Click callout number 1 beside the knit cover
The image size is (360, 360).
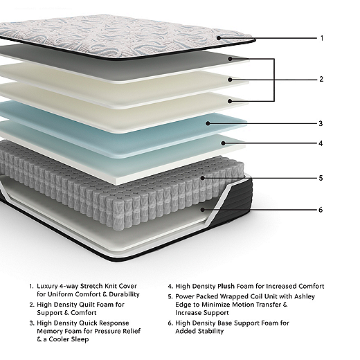pyautogui.click(x=322, y=38)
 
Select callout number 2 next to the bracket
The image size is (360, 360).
pyautogui.click(x=321, y=79)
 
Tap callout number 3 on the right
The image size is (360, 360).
pyautogui.click(x=321, y=123)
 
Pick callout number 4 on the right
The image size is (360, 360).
pyautogui.click(x=321, y=143)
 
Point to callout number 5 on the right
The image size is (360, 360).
pyautogui.click(x=321, y=178)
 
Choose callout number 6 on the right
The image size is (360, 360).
pyautogui.click(x=321, y=210)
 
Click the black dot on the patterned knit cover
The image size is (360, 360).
pyautogui.click(x=219, y=38)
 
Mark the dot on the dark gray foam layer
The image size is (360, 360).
pyautogui.click(x=230, y=59)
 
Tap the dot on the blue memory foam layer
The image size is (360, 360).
pyautogui.click(x=208, y=123)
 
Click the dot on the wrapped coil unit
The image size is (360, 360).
pyautogui.click(x=203, y=178)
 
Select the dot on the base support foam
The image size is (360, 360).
pyautogui.click(x=203, y=210)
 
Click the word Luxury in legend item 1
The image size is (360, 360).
pyautogui.click(x=47, y=287)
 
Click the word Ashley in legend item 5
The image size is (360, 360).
pyautogui.click(x=305, y=296)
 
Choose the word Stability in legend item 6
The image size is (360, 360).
pyautogui.click(x=210, y=331)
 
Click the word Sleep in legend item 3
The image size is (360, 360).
pyautogui.click(x=80, y=339)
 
